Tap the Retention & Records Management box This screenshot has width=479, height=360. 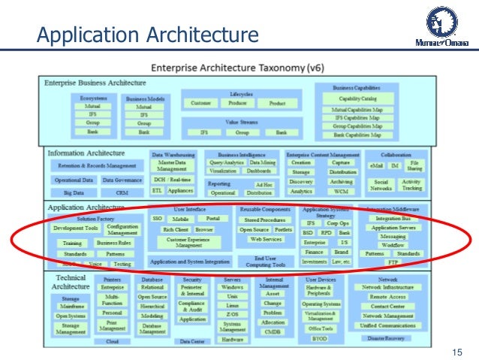point(97,165)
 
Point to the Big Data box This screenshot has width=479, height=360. point(74,193)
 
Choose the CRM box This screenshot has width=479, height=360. point(122,193)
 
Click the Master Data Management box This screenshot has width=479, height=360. point(172,166)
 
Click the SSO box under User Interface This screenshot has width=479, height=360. point(158,219)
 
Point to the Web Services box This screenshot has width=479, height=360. point(266,240)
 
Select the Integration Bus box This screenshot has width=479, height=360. point(393,218)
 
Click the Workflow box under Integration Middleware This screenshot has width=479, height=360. point(393,245)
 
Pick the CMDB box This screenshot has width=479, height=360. point(273,331)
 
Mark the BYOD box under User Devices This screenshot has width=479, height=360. point(320,339)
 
